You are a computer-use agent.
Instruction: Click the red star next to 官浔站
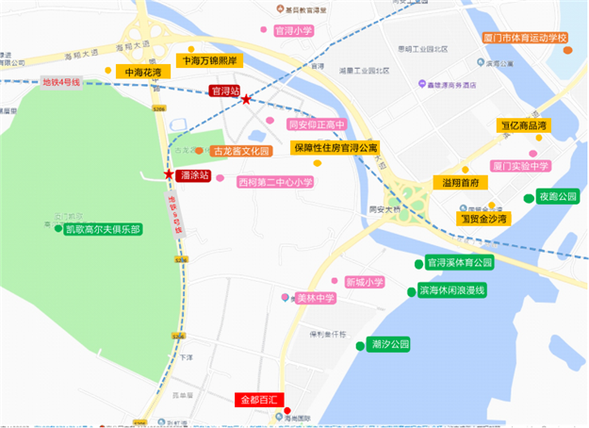(246, 100)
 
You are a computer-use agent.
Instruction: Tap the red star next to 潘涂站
(169, 174)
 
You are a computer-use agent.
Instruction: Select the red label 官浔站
(224, 91)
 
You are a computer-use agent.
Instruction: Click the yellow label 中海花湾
(137, 72)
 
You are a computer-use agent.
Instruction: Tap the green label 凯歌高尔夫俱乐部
(103, 229)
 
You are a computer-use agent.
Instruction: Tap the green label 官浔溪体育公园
(460, 262)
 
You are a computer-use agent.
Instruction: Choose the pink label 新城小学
(364, 282)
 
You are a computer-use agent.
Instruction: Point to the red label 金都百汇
(256, 400)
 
